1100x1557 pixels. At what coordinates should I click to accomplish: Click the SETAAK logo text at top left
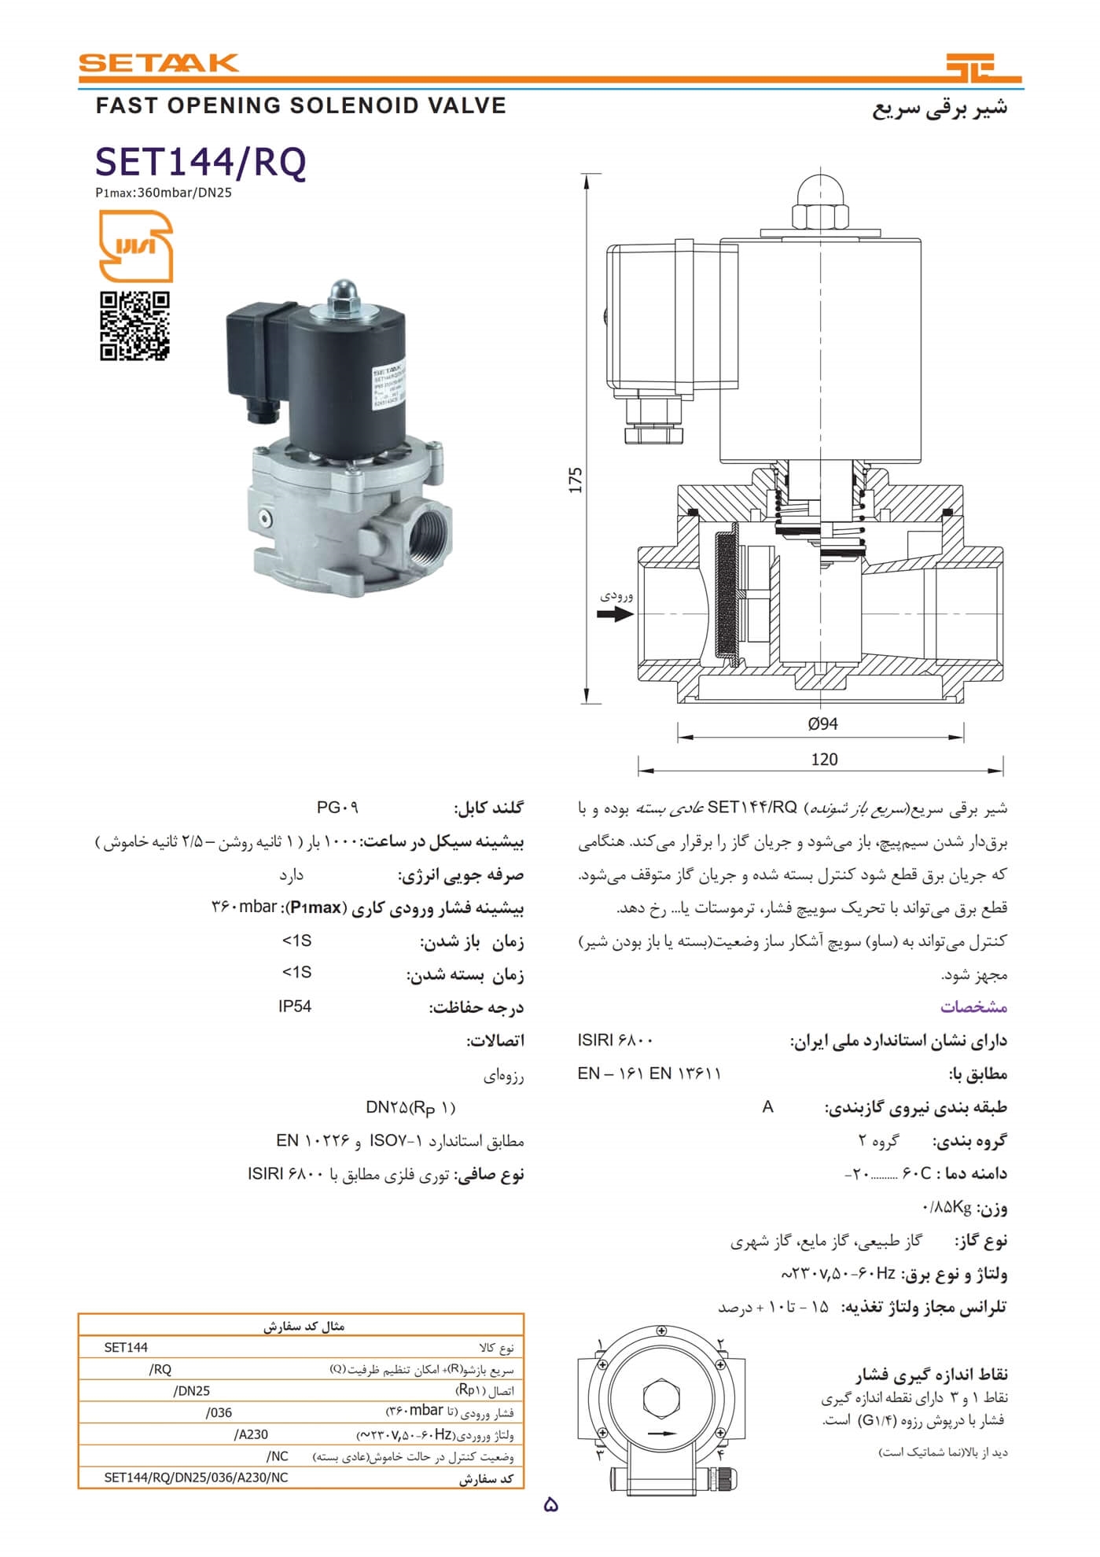(158, 63)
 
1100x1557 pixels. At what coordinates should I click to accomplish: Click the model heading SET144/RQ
(201, 162)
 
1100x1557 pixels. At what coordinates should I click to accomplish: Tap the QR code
(134, 326)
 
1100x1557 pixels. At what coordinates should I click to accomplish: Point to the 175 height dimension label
(576, 480)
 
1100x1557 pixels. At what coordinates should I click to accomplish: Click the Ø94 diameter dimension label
(822, 724)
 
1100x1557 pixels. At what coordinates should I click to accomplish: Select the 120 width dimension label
(824, 760)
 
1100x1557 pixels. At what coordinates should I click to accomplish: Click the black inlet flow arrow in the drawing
(615, 613)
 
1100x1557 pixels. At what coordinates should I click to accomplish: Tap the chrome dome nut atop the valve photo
(341, 291)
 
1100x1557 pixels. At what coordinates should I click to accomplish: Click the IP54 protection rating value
(295, 1007)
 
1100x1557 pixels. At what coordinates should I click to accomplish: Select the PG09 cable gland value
(337, 808)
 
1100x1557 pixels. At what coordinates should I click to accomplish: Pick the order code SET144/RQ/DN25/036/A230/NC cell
(196, 1478)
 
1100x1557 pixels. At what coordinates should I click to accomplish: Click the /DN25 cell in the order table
(191, 1391)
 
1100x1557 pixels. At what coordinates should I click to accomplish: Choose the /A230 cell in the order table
(251, 1434)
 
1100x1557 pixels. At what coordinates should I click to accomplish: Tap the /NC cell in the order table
(278, 1456)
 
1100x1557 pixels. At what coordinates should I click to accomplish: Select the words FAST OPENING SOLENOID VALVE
(301, 106)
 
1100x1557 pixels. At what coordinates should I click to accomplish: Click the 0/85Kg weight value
(947, 1207)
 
